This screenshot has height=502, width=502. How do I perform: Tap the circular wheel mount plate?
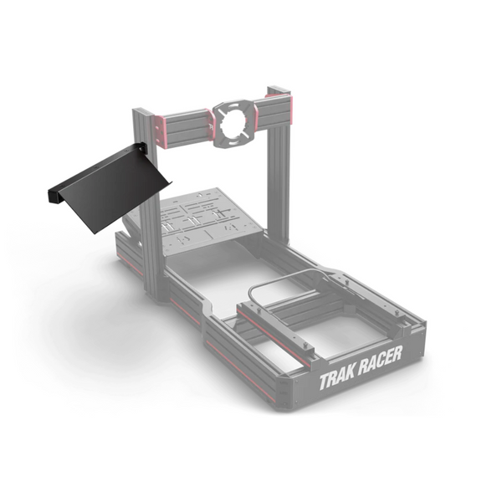coord(233,121)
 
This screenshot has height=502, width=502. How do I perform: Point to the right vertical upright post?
coord(278,167)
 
